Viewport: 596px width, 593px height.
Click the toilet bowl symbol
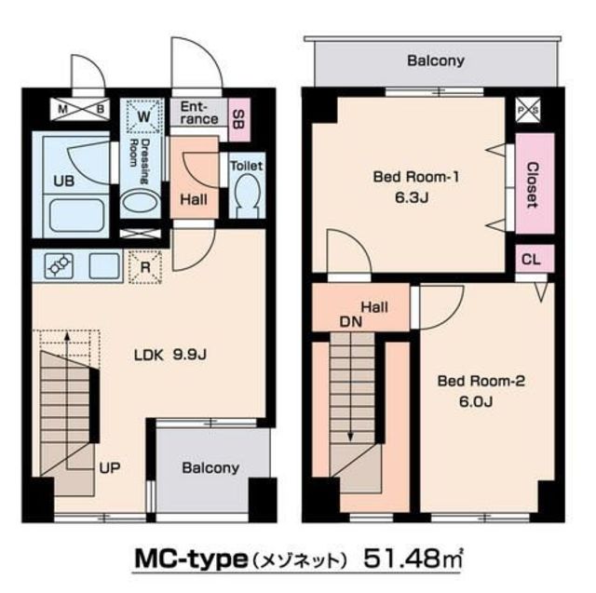point(247,197)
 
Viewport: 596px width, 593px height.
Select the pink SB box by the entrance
point(238,117)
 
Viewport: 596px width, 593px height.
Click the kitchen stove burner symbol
point(58,266)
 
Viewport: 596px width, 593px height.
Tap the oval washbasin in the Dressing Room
point(140,204)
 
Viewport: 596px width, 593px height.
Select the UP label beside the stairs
point(109,467)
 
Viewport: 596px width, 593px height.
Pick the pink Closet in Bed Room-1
point(532,183)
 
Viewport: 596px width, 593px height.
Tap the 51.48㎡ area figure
point(411,561)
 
